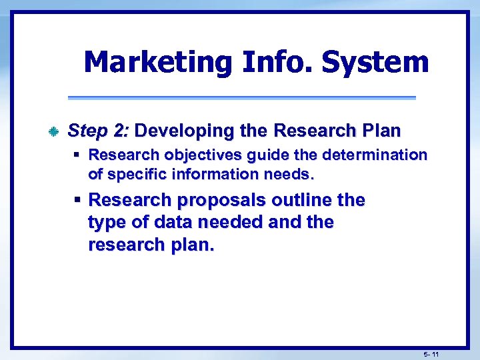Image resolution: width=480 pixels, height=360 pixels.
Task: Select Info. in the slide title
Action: coord(276,63)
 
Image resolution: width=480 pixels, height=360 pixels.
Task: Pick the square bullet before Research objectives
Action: coord(77,155)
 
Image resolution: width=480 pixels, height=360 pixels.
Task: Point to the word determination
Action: coord(375,155)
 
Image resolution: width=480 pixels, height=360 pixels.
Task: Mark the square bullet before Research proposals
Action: coord(77,200)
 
